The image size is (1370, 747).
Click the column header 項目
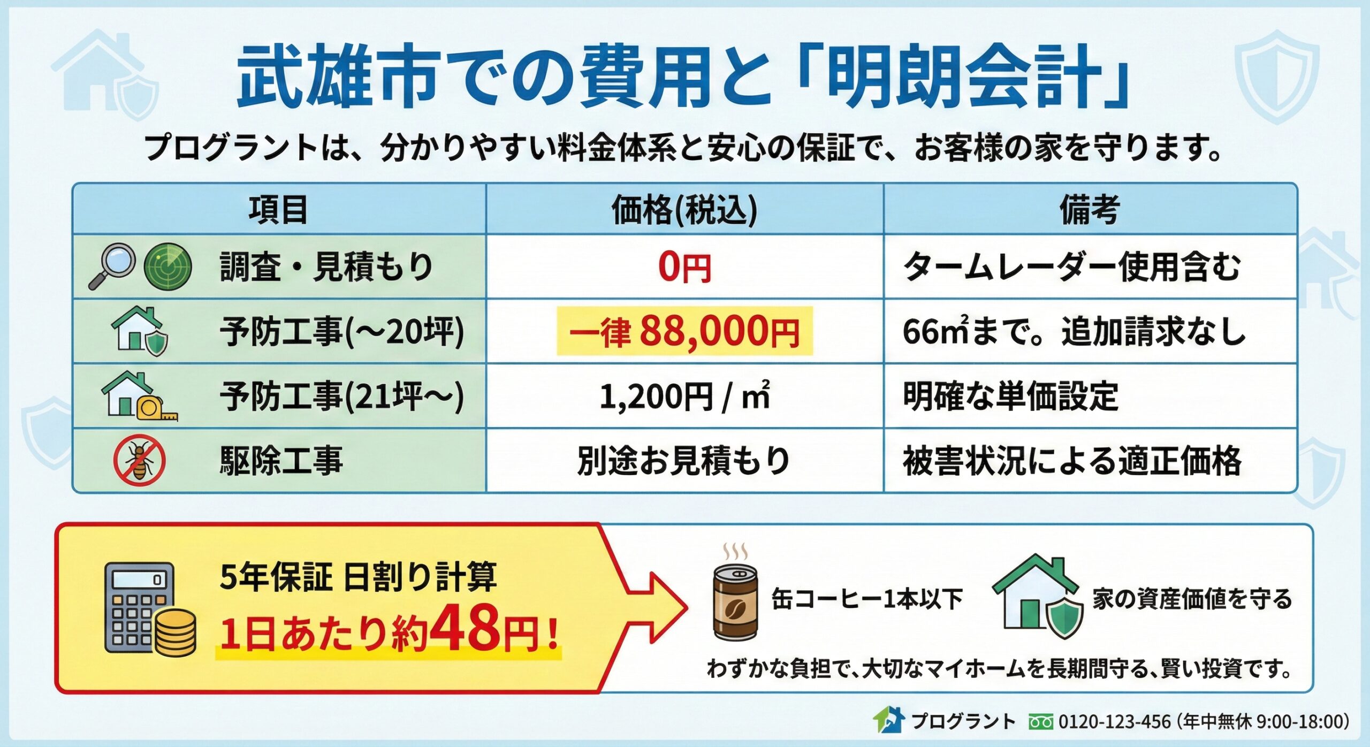pyautogui.click(x=278, y=210)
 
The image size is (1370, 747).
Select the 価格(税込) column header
pyautogui.click(x=684, y=210)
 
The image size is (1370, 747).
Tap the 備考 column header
pyautogui.click(x=1090, y=210)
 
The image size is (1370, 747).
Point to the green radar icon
pyautogui.click(x=168, y=266)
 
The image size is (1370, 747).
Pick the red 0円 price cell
pyautogui.click(x=684, y=267)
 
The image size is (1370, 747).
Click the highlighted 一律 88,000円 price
pyautogui.click(x=684, y=331)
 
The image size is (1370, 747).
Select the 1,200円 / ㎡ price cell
pyautogui.click(x=684, y=397)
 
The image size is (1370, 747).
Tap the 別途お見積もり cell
pyautogui.click(x=684, y=461)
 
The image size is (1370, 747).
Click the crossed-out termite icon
pyautogui.click(x=139, y=461)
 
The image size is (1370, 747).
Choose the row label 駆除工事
pyautogui.click(x=281, y=461)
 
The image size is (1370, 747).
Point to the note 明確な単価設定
pyautogui.click(x=1010, y=397)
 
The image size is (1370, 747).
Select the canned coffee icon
pyautogui.click(x=735, y=602)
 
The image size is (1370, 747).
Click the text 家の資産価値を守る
pyautogui.click(x=1192, y=599)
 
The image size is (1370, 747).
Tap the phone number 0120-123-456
pyautogui.click(x=1114, y=722)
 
